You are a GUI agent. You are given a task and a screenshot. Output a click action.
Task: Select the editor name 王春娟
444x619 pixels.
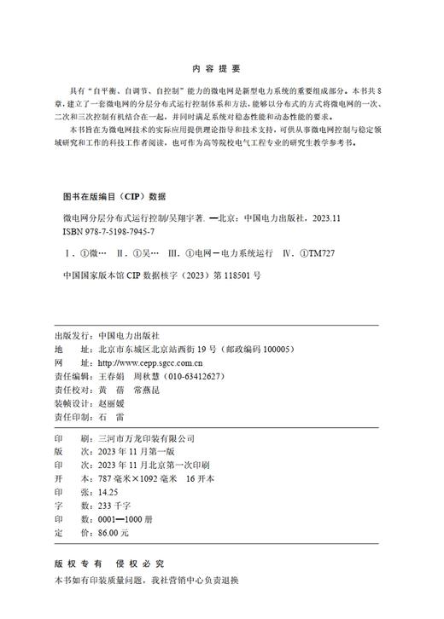point(113,375)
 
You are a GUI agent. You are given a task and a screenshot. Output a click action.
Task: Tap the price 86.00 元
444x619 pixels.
point(114,532)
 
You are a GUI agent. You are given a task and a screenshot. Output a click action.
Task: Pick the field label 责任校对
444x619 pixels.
point(73,388)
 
